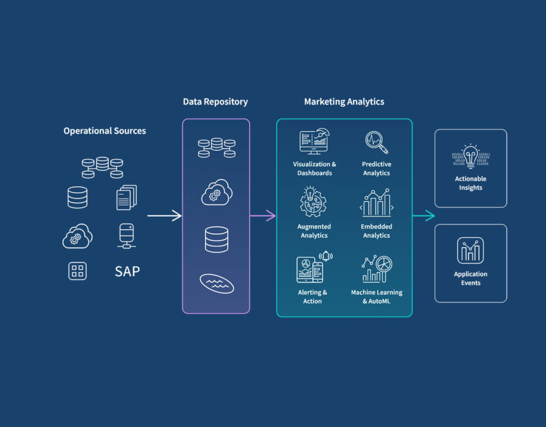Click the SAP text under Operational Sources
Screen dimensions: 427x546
point(127,271)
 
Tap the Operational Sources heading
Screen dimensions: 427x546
point(105,131)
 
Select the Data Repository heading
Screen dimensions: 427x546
point(215,101)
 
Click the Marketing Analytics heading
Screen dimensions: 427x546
point(344,101)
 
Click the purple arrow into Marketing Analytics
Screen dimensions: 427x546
point(263,216)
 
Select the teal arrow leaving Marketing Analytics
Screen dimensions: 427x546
point(424,216)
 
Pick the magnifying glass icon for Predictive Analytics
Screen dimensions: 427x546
point(376,142)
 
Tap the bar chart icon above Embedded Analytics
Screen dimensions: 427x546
point(376,203)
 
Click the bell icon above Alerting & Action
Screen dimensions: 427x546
point(326,257)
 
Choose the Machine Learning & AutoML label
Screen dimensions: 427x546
point(376,297)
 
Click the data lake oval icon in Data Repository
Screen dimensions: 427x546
point(216,283)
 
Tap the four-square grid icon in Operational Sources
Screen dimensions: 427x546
point(77,271)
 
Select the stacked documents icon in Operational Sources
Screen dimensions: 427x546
point(126,197)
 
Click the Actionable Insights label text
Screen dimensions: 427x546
point(470,183)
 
